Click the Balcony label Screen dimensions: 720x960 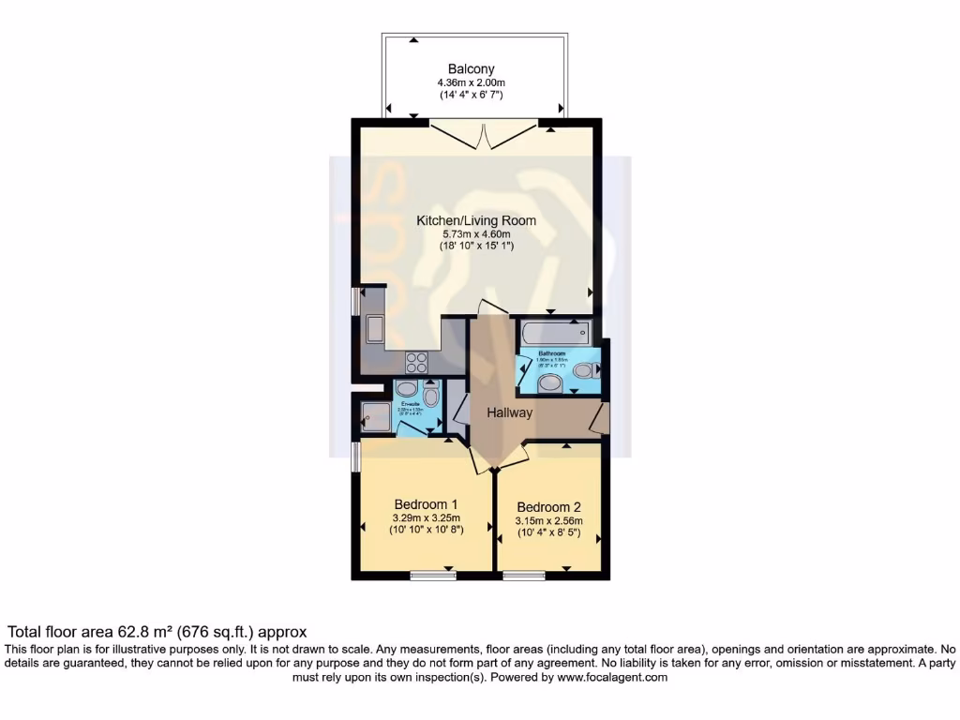click(471, 69)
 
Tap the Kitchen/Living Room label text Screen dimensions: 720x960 click(476, 221)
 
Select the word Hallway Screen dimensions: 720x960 click(509, 412)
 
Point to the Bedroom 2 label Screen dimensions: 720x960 click(548, 507)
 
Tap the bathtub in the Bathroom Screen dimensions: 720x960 click(553, 331)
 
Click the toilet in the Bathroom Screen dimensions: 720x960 click(584, 371)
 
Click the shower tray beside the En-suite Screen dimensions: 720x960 click(374, 415)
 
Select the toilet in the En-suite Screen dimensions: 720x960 click(430, 395)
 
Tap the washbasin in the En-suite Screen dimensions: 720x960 click(407, 388)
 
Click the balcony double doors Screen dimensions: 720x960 click(484, 136)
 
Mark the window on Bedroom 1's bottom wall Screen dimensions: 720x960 click(432, 575)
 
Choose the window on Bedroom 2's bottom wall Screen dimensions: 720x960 click(524, 575)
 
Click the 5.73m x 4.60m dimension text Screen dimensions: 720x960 click(476, 234)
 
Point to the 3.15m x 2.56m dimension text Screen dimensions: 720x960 click(548, 521)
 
